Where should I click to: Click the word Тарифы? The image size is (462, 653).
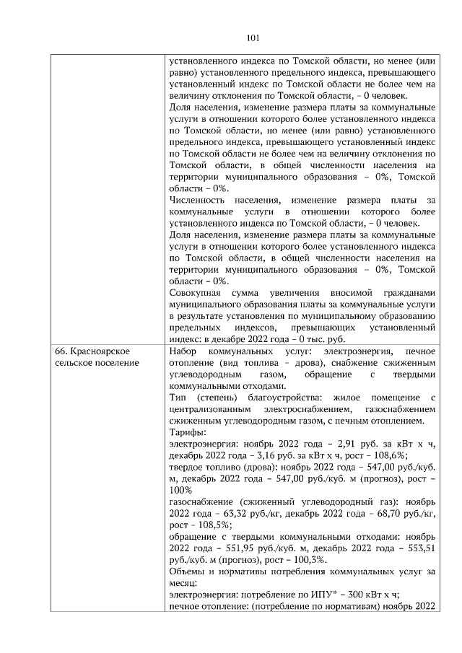[x=186, y=431]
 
